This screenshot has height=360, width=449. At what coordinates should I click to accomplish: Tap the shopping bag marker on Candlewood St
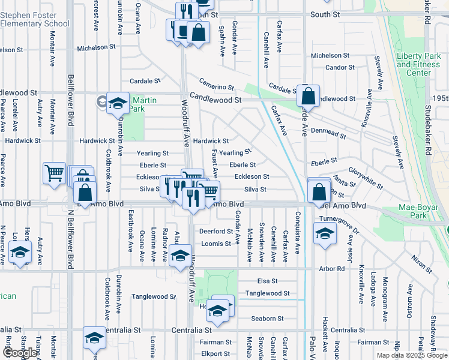point(308,96)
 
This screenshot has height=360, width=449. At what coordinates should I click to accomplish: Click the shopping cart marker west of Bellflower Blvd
point(54,173)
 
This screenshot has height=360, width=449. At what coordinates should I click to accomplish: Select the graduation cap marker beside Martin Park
point(118,103)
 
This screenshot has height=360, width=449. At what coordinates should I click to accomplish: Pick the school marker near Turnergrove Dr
point(325,233)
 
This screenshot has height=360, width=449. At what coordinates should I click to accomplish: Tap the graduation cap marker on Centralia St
point(94,338)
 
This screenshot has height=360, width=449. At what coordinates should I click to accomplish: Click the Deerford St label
point(215,231)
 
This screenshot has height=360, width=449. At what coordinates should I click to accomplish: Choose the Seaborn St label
point(267,319)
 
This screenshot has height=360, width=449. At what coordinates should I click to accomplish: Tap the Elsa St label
point(267,281)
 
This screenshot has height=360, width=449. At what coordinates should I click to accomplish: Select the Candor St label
point(340,67)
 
